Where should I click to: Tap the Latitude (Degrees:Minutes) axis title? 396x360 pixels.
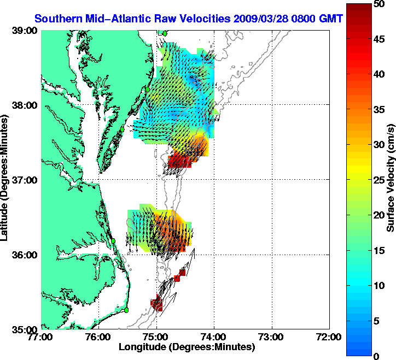5,180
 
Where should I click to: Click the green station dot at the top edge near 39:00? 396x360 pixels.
164,33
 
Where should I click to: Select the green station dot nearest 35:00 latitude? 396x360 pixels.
126,310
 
